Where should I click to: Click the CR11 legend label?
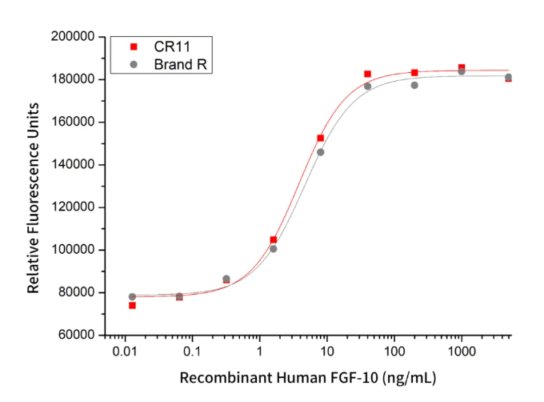(172, 46)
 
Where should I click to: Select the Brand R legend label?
(182, 64)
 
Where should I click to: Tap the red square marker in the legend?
(134, 46)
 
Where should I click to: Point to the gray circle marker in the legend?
(134, 64)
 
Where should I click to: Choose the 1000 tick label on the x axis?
(461, 353)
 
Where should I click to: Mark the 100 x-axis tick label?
(394, 353)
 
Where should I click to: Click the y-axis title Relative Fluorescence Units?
(34, 186)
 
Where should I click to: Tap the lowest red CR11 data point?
(132, 305)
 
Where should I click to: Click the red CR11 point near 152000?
(321, 139)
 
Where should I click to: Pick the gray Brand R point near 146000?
(321, 152)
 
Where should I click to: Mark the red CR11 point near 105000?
(274, 239)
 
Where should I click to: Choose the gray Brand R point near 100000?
(274, 249)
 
